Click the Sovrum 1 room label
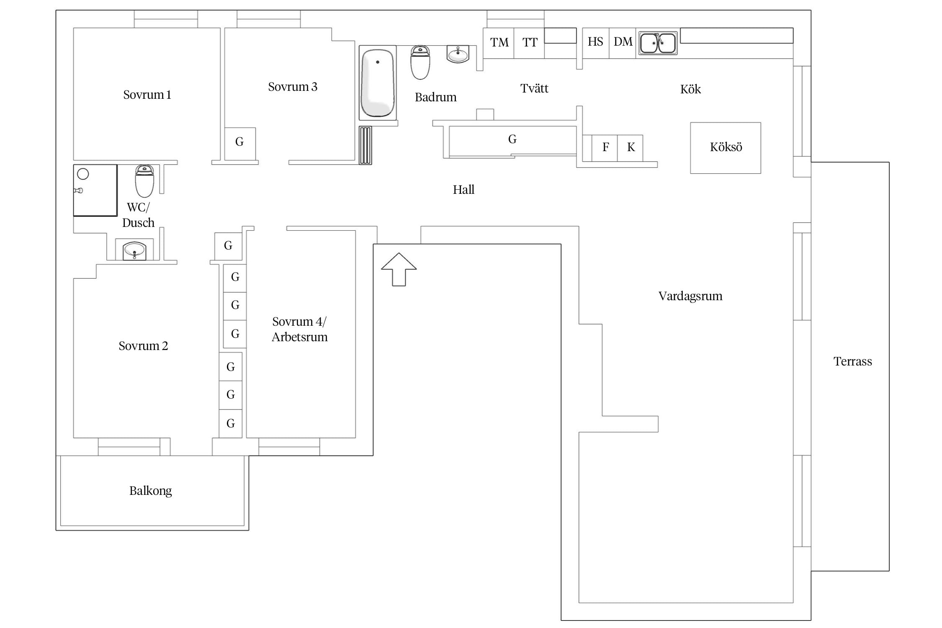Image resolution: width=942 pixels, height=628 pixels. click(x=147, y=95)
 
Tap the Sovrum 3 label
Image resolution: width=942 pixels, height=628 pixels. click(x=293, y=87)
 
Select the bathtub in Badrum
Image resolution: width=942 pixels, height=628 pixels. click(x=378, y=83)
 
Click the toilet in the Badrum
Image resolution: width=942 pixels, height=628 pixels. click(x=420, y=63)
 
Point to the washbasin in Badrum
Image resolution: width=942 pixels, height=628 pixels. click(x=458, y=54)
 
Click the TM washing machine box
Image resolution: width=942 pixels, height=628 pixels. click(x=499, y=43)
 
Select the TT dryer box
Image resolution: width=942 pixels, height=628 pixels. click(x=529, y=43)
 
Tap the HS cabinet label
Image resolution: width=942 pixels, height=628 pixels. click(x=595, y=41)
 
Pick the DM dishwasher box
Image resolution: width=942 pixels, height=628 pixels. click(x=623, y=43)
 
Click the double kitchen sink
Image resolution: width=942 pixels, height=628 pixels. click(x=658, y=43)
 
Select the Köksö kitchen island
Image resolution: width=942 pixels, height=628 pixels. click(x=726, y=148)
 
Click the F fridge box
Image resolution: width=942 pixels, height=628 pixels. click(x=605, y=148)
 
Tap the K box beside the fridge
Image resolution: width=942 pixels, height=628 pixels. click(x=630, y=148)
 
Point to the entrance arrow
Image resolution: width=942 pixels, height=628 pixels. click(x=399, y=269)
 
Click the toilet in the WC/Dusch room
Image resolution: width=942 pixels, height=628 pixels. click(x=144, y=181)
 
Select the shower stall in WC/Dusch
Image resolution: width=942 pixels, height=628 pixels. click(x=95, y=190)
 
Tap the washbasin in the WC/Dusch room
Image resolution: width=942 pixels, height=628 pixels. click(x=134, y=251)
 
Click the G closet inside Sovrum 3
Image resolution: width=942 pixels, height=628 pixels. click(x=240, y=144)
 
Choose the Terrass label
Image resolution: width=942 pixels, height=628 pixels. click(x=853, y=361)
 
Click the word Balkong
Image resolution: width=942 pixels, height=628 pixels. click(x=151, y=491)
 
